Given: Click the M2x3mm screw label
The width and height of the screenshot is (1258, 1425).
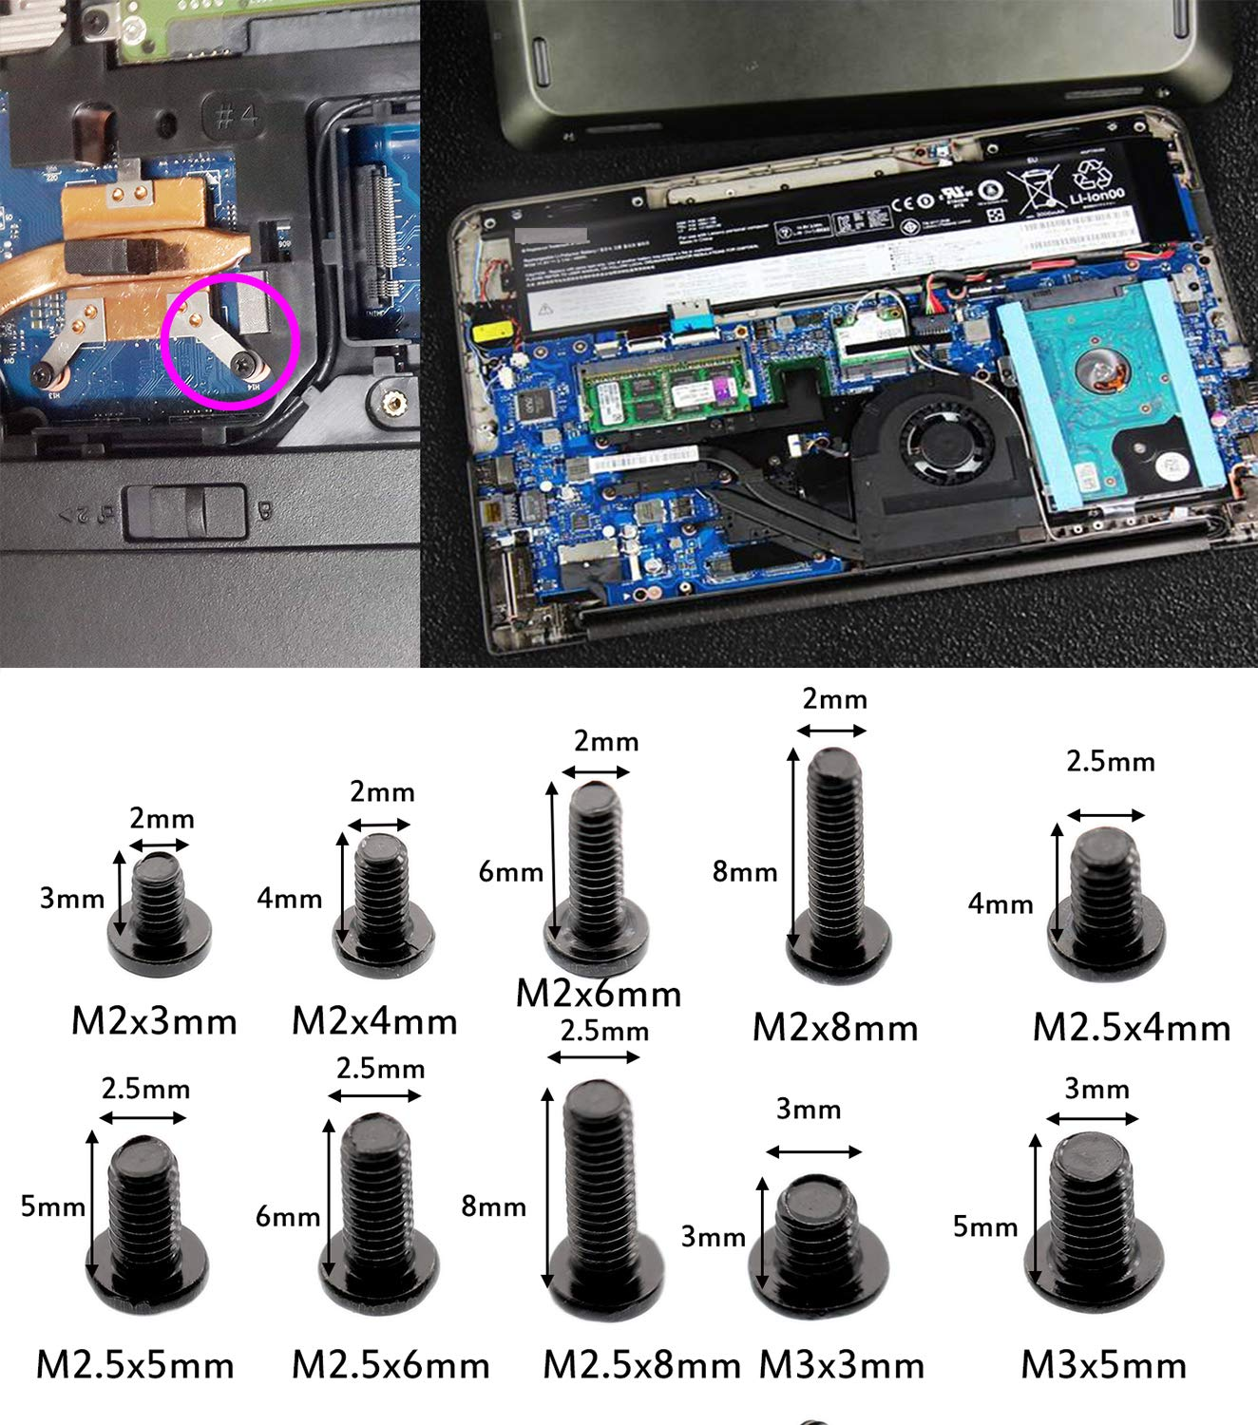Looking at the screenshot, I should [x=154, y=1021].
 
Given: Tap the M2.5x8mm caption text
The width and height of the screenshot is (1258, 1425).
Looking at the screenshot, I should [x=641, y=1365].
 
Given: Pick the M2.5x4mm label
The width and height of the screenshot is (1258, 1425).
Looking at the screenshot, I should [x=1131, y=1027].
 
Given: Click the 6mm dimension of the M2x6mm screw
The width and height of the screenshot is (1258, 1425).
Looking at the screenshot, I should [x=510, y=871].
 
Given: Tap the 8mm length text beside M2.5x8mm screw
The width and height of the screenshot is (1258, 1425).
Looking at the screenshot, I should [x=493, y=1206].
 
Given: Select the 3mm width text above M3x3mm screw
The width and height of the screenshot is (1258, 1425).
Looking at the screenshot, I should [x=808, y=1109].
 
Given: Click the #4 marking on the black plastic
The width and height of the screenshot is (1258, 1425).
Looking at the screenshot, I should [x=236, y=117].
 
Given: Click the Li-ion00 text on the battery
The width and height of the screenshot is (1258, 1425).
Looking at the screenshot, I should [x=1096, y=198].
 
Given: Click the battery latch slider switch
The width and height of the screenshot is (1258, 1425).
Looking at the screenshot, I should [x=185, y=511].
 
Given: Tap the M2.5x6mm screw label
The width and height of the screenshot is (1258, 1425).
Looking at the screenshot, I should [x=391, y=1365].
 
